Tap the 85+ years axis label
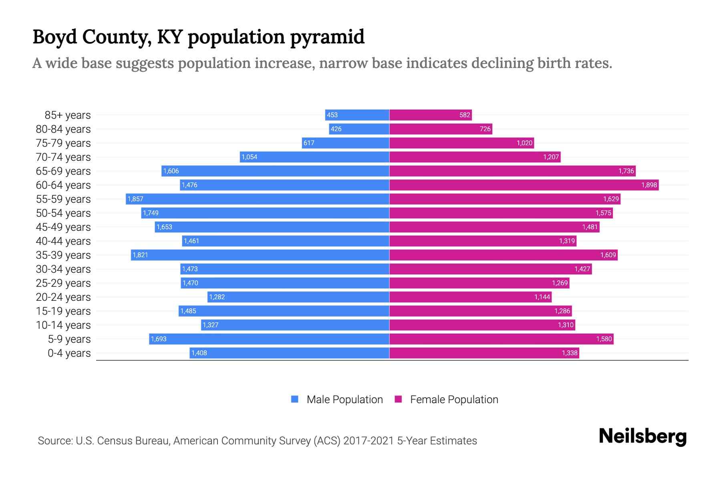(x=68, y=115)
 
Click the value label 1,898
(x=649, y=185)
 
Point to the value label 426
(x=336, y=129)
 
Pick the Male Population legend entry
(x=337, y=399)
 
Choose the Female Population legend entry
(x=447, y=399)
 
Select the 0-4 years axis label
(x=69, y=353)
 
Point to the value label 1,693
(x=159, y=339)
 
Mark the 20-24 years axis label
(x=63, y=297)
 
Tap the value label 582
(x=465, y=115)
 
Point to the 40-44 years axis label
(x=63, y=241)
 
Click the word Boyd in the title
(x=54, y=37)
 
